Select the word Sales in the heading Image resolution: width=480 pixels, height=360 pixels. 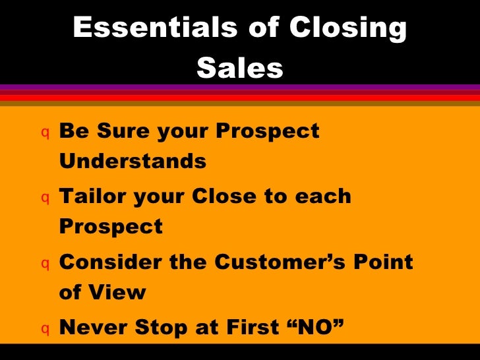tap(239, 67)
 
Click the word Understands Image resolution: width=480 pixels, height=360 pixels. tap(133, 161)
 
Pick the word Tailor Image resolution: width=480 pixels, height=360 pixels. tap(92, 196)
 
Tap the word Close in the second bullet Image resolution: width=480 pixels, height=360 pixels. tap(245, 196)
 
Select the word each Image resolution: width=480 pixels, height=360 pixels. tap(323, 196)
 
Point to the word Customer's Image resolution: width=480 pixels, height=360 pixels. tap(284, 262)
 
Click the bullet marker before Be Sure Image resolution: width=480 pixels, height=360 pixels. tap(44, 132)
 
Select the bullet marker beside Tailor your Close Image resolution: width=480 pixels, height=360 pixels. tap(44, 198)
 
